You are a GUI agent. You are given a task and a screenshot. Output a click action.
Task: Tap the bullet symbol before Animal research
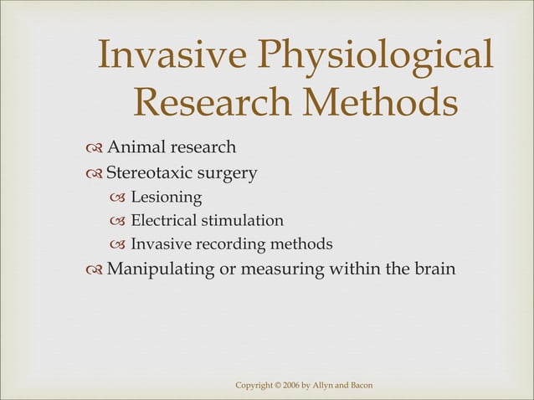(x=93, y=149)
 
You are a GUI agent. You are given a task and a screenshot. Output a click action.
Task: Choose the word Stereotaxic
(x=152, y=174)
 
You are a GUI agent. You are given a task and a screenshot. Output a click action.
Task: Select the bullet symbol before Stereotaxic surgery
(x=93, y=175)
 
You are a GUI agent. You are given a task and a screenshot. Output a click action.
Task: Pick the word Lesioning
(x=166, y=197)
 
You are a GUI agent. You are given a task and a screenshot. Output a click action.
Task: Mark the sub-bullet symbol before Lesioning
(x=118, y=198)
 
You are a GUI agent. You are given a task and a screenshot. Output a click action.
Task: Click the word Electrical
(x=162, y=221)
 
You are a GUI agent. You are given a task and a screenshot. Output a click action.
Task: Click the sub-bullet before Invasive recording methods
(x=118, y=245)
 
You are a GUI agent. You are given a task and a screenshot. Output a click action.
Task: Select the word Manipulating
(x=158, y=269)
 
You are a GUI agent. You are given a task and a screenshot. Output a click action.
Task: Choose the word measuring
(x=279, y=269)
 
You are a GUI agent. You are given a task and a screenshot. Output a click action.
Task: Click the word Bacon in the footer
(x=360, y=384)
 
